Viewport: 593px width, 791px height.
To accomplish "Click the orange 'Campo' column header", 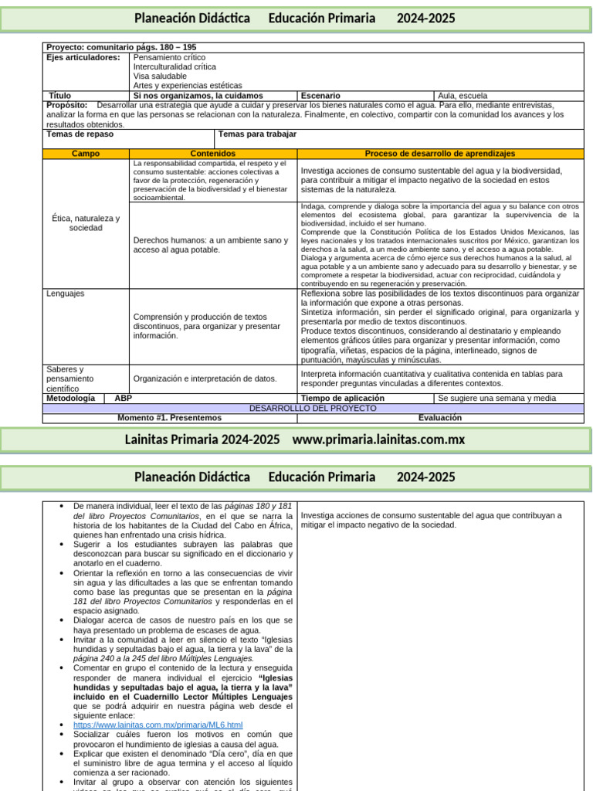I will [x=86, y=154].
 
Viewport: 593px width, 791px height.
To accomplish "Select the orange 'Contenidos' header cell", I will [x=213, y=154].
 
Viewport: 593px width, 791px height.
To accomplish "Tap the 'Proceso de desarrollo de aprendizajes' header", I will [x=440, y=154].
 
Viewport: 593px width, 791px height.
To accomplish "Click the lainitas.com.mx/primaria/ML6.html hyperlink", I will [x=158, y=725].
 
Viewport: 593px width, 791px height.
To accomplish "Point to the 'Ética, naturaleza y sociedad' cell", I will [x=86, y=223].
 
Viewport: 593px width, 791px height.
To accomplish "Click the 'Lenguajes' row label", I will [x=66, y=294].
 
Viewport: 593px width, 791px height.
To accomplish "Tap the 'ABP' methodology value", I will [x=123, y=398].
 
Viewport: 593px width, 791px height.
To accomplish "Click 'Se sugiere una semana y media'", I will [x=496, y=399].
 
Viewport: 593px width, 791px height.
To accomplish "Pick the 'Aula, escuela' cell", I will [x=463, y=96].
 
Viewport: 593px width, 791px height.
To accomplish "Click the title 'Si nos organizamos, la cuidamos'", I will [x=198, y=96].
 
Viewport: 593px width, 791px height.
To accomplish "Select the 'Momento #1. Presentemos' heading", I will [x=169, y=418].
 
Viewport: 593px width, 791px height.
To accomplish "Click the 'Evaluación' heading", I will [x=440, y=418].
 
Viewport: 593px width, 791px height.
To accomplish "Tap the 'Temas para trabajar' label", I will [x=257, y=134].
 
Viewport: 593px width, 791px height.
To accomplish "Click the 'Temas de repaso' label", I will [x=80, y=134].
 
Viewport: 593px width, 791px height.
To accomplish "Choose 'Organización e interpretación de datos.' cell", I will [x=205, y=379].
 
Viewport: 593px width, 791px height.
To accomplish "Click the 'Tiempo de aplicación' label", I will [x=342, y=398].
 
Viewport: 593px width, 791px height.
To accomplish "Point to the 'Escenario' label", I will [x=320, y=96].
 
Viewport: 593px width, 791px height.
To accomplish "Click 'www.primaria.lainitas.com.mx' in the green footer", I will [x=378, y=439].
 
